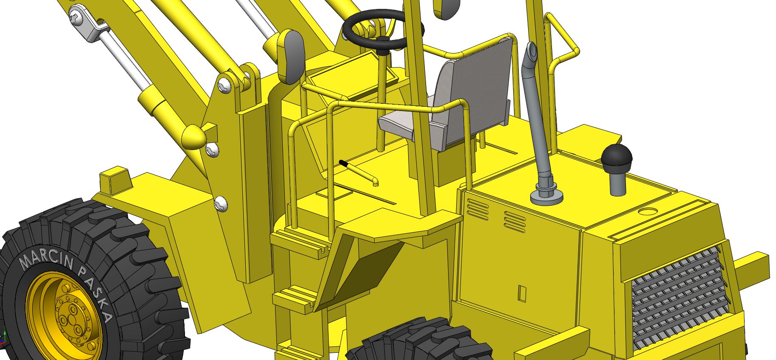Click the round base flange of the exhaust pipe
tap(547, 197)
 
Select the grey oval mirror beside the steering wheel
tap(292, 55)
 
